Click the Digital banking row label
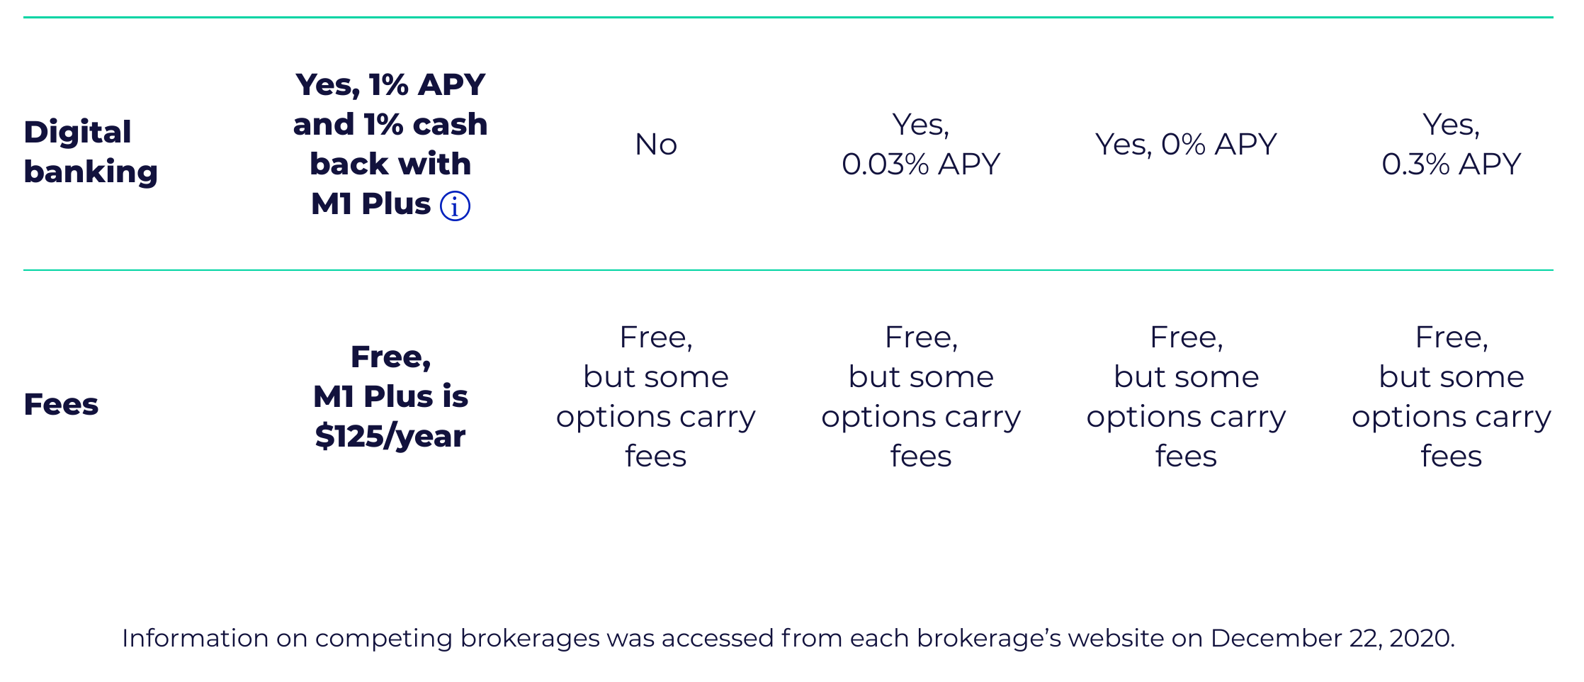tap(91, 152)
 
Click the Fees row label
tap(61, 404)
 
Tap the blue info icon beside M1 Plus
tap(455, 206)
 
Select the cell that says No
tap(656, 145)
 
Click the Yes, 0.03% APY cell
tap(921, 145)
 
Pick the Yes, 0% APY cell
tap(1186, 145)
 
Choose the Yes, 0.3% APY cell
tap(1452, 145)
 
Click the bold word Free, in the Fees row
tap(390, 357)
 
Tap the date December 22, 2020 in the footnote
tap(1332, 639)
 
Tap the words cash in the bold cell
tap(451, 125)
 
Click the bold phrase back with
tap(390, 164)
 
